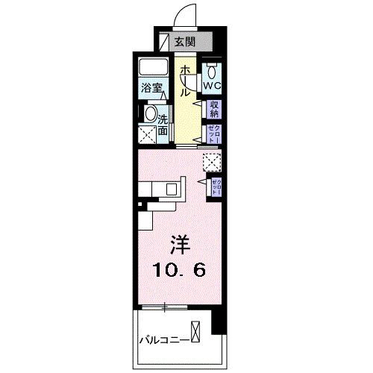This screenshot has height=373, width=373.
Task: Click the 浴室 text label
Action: [153, 88]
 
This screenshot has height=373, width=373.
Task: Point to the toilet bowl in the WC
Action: [213, 72]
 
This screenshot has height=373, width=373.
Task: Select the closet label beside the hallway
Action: [214, 134]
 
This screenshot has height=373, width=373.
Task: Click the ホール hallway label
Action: [184, 81]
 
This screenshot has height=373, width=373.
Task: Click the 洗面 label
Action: [163, 121]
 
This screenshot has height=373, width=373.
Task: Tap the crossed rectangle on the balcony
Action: [195, 331]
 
